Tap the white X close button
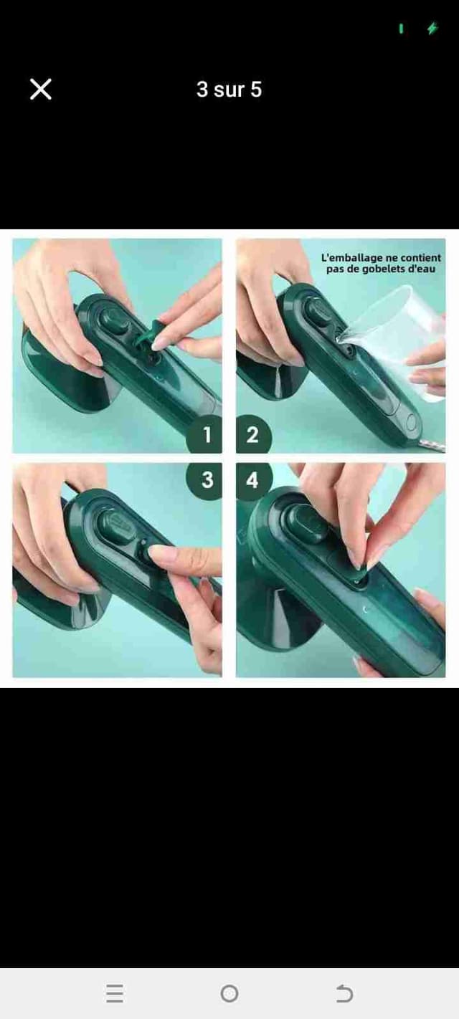41,89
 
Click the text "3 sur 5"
229,89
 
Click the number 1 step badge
205,434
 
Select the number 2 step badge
253,434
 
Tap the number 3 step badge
205,480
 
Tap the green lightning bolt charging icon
432,28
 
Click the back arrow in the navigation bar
344,993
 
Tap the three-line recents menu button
115,993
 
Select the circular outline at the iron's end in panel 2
412,422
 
